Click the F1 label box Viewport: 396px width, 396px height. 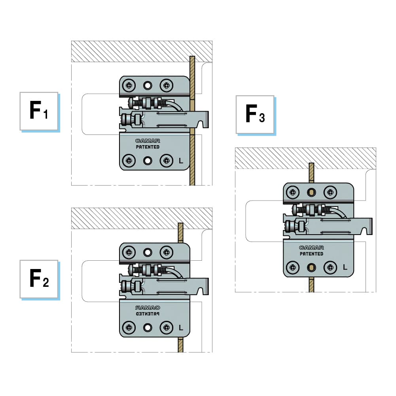pos(39,111)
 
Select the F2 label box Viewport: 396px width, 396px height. pos(39,279)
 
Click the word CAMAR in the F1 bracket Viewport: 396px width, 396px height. pos(147,140)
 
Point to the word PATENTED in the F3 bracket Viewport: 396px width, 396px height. pos(311,254)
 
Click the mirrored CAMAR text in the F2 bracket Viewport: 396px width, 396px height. pos(147,307)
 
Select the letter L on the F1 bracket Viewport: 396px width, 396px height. pos(180,161)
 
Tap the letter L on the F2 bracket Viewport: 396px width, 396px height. pos(180,328)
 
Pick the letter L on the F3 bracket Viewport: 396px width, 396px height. pos(345,267)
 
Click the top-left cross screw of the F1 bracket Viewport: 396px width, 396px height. pos(129,85)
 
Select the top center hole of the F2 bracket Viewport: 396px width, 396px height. pos(148,252)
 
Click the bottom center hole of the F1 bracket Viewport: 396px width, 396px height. pos(148,161)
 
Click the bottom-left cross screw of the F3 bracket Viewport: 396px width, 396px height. pos(293,267)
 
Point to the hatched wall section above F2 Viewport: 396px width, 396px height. pos(142,218)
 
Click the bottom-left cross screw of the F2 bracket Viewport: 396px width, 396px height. pos(129,328)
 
